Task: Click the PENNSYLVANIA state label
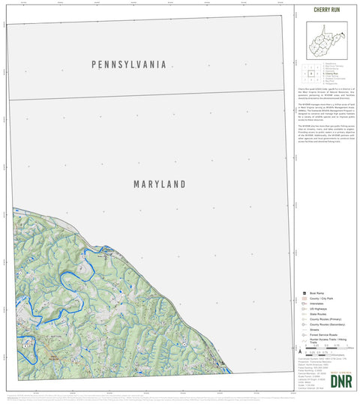(x=128, y=64)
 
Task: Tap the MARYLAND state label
(x=160, y=184)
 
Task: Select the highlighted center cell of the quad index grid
(x=310, y=74)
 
